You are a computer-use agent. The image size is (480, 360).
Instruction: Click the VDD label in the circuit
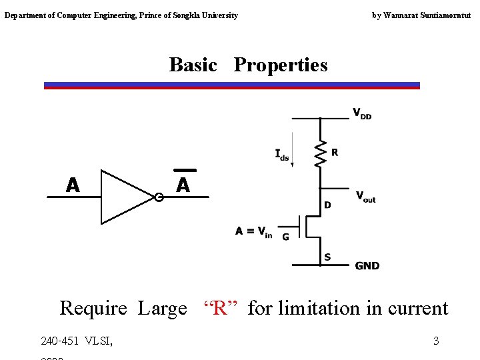click(361, 113)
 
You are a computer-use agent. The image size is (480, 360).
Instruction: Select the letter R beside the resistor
click(335, 153)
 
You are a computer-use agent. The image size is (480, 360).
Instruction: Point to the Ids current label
click(281, 155)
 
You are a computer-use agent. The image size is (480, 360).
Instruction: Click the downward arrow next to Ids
click(293, 153)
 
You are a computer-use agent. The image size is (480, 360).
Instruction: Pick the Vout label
click(365, 197)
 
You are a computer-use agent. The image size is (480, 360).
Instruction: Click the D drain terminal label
click(327, 205)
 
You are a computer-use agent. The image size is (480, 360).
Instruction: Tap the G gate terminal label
click(285, 236)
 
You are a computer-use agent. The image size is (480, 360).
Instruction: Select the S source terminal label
click(327, 257)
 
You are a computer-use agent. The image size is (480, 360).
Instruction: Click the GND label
click(367, 265)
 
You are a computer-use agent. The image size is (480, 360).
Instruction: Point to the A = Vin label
click(253, 232)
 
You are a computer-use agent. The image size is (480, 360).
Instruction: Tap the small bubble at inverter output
click(159, 197)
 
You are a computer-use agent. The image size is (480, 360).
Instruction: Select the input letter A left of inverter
click(73, 185)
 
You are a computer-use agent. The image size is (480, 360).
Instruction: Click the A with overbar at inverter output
click(183, 184)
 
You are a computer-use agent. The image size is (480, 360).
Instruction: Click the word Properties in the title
click(281, 65)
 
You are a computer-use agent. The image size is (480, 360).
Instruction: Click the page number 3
click(436, 341)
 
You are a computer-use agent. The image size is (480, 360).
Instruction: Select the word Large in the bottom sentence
click(162, 309)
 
